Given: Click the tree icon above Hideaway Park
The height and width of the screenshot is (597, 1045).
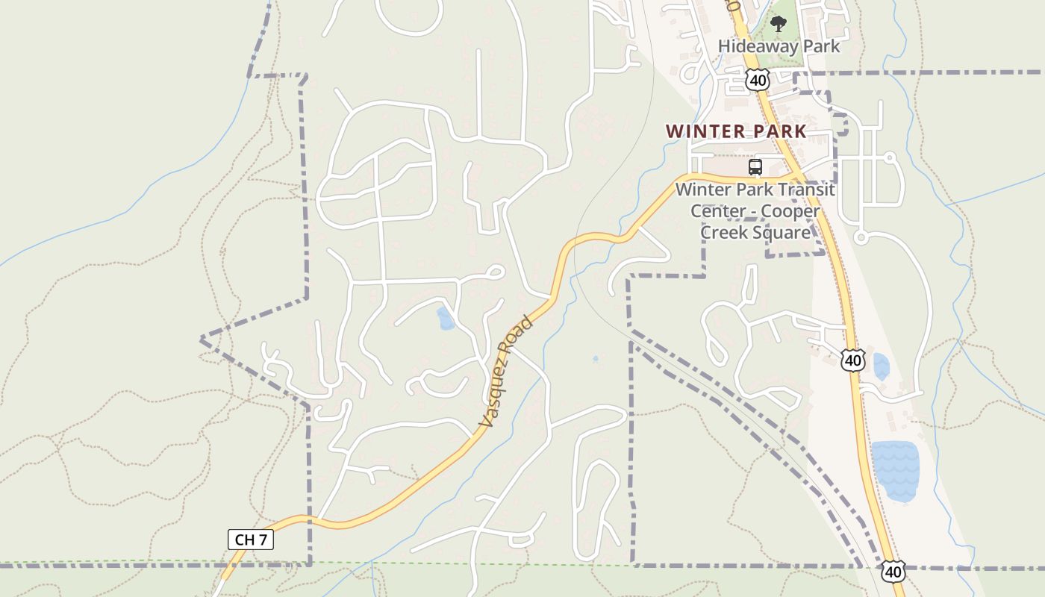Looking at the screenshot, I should (779, 24).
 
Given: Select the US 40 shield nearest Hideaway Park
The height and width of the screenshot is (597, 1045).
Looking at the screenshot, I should (757, 79).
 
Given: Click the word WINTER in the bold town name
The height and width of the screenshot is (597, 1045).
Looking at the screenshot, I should (705, 131).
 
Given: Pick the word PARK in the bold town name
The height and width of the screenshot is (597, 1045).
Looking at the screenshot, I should (779, 131).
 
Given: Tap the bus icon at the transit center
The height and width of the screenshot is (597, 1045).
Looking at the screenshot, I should (755, 167).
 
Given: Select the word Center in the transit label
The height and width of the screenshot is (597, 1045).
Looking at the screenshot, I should (717, 211).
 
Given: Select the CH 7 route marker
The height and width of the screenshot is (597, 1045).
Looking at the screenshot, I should (251, 540).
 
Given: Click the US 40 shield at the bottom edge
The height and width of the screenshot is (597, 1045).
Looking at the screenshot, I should (892, 572).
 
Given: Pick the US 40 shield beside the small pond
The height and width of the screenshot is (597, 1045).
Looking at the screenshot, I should (852, 360).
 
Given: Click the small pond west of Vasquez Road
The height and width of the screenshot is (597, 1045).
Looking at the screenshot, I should (446, 319).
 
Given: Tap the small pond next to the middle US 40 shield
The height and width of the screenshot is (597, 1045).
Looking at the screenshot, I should (881, 366).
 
